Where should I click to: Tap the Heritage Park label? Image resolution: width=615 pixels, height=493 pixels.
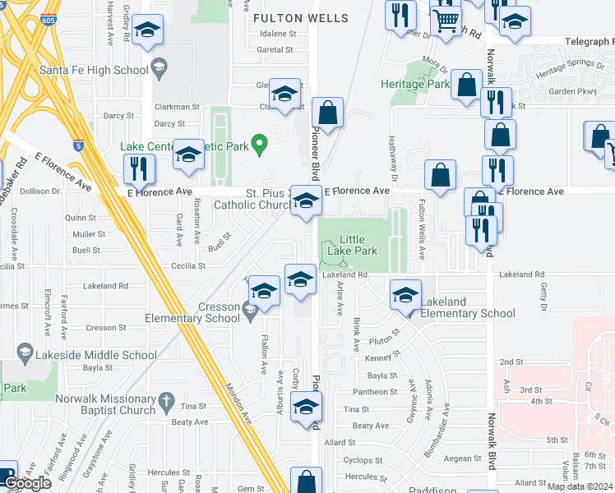pos(415,84)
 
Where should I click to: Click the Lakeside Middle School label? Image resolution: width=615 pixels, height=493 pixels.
pos(97,355)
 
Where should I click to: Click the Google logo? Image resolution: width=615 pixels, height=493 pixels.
pos(28,482)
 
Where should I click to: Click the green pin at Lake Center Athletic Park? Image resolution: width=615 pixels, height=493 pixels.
pos(260,145)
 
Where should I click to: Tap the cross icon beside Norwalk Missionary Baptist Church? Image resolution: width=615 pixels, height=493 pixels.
pos(165,403)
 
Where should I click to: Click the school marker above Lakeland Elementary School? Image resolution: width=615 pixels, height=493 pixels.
pos(405,295)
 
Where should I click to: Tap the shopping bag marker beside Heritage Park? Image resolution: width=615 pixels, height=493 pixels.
pos(466,85)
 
